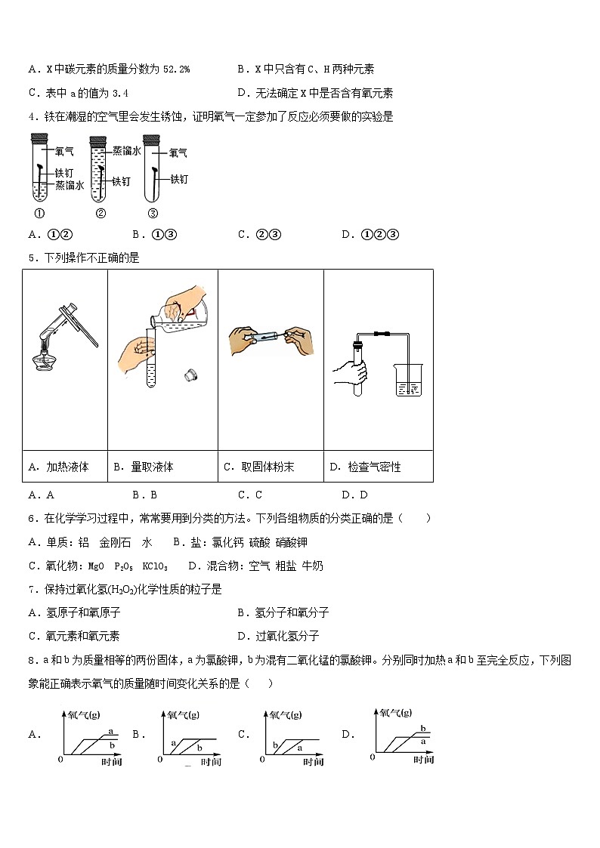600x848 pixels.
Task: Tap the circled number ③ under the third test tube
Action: click(x=153, y=212)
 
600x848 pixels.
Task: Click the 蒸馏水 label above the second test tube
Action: click(x=126, y=151)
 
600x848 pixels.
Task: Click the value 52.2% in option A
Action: click(x=176, y=69)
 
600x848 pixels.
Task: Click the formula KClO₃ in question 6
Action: click(x=155, y=566)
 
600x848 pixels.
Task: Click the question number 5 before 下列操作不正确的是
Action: click(x=32, y=258)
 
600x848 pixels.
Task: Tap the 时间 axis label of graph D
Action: click(x=423, y=760)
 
